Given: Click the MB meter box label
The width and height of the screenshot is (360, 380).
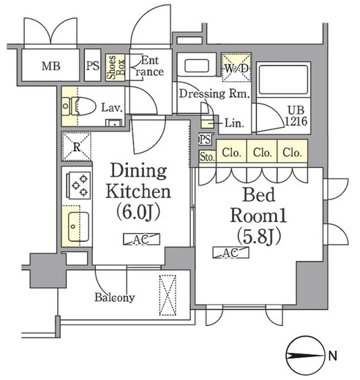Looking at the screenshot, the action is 51,66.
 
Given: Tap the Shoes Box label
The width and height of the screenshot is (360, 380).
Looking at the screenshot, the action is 116,67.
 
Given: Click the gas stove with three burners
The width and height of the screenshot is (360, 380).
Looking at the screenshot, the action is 78,186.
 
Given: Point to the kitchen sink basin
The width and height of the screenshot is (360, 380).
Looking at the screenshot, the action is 78,227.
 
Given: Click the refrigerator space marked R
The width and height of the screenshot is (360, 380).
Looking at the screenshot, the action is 76,147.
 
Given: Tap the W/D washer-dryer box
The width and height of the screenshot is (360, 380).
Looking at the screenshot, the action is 236,67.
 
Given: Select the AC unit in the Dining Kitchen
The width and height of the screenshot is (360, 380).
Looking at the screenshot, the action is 141,239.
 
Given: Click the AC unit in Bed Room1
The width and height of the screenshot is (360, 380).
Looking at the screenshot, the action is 230,252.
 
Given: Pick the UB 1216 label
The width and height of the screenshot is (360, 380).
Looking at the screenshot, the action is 296,115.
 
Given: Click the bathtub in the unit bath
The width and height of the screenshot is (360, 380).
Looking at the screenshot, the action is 283,79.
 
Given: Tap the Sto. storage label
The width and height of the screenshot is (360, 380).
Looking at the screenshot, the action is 208,157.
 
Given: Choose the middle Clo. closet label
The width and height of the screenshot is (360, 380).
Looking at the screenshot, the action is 262,153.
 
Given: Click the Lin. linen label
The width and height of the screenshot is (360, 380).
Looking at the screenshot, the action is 234,123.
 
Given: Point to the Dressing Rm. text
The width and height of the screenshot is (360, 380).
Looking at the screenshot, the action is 214,94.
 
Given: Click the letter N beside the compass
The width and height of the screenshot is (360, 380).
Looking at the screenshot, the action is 333,356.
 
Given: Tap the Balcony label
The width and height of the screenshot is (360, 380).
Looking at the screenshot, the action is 114,297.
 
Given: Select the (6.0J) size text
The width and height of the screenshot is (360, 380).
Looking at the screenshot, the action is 138,211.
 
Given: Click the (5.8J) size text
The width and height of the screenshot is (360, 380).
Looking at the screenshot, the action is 259,235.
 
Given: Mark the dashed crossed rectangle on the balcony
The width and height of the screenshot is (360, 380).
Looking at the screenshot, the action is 168,295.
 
